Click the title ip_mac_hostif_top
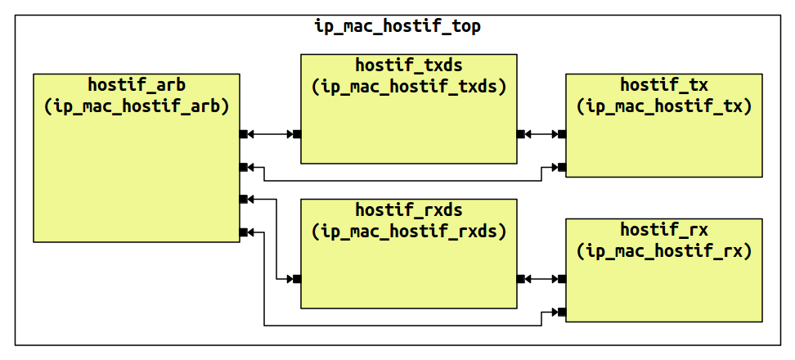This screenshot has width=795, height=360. pos(397,26)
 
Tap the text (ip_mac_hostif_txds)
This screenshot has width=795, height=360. pos(408,86)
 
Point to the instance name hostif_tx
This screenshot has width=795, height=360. pos(663,84)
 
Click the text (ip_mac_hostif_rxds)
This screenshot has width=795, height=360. pos(408,231)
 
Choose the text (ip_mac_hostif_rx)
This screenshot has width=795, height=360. pos(663,251)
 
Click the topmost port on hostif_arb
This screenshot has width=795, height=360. pos(244,134)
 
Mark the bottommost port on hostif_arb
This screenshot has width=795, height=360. pos(244,232)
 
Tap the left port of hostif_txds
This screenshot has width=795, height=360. pos(297,134)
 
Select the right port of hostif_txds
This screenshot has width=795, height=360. pos(521,134)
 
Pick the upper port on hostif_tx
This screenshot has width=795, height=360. pos(561,134)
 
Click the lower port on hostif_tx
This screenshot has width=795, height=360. pos(561,167)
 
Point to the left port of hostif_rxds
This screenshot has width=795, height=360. pos(297,279)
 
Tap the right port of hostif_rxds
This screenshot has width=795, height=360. pos(521,279)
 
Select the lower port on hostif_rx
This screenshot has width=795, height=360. pos(561,312)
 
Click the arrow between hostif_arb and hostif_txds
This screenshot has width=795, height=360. pos(270,134)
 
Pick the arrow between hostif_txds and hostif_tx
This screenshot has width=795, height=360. pos(541,134)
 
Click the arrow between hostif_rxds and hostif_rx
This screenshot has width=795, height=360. pos(541,279)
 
